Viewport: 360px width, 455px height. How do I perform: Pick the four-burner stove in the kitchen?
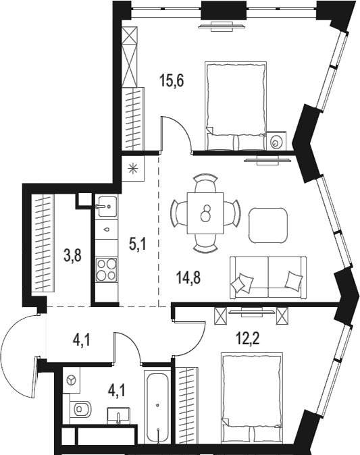coord(107,271)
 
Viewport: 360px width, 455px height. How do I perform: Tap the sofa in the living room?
coord(267,277)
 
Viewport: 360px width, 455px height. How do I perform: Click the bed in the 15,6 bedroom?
coord(233,105)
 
